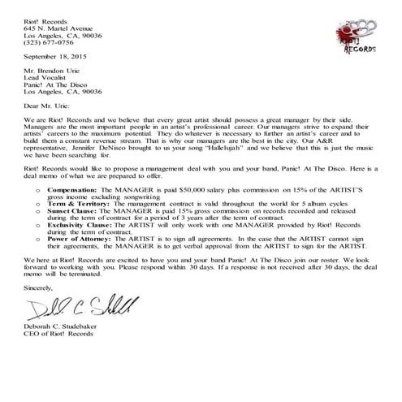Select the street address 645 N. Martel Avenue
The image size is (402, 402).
pyautogui.click(x=66, y=16)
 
